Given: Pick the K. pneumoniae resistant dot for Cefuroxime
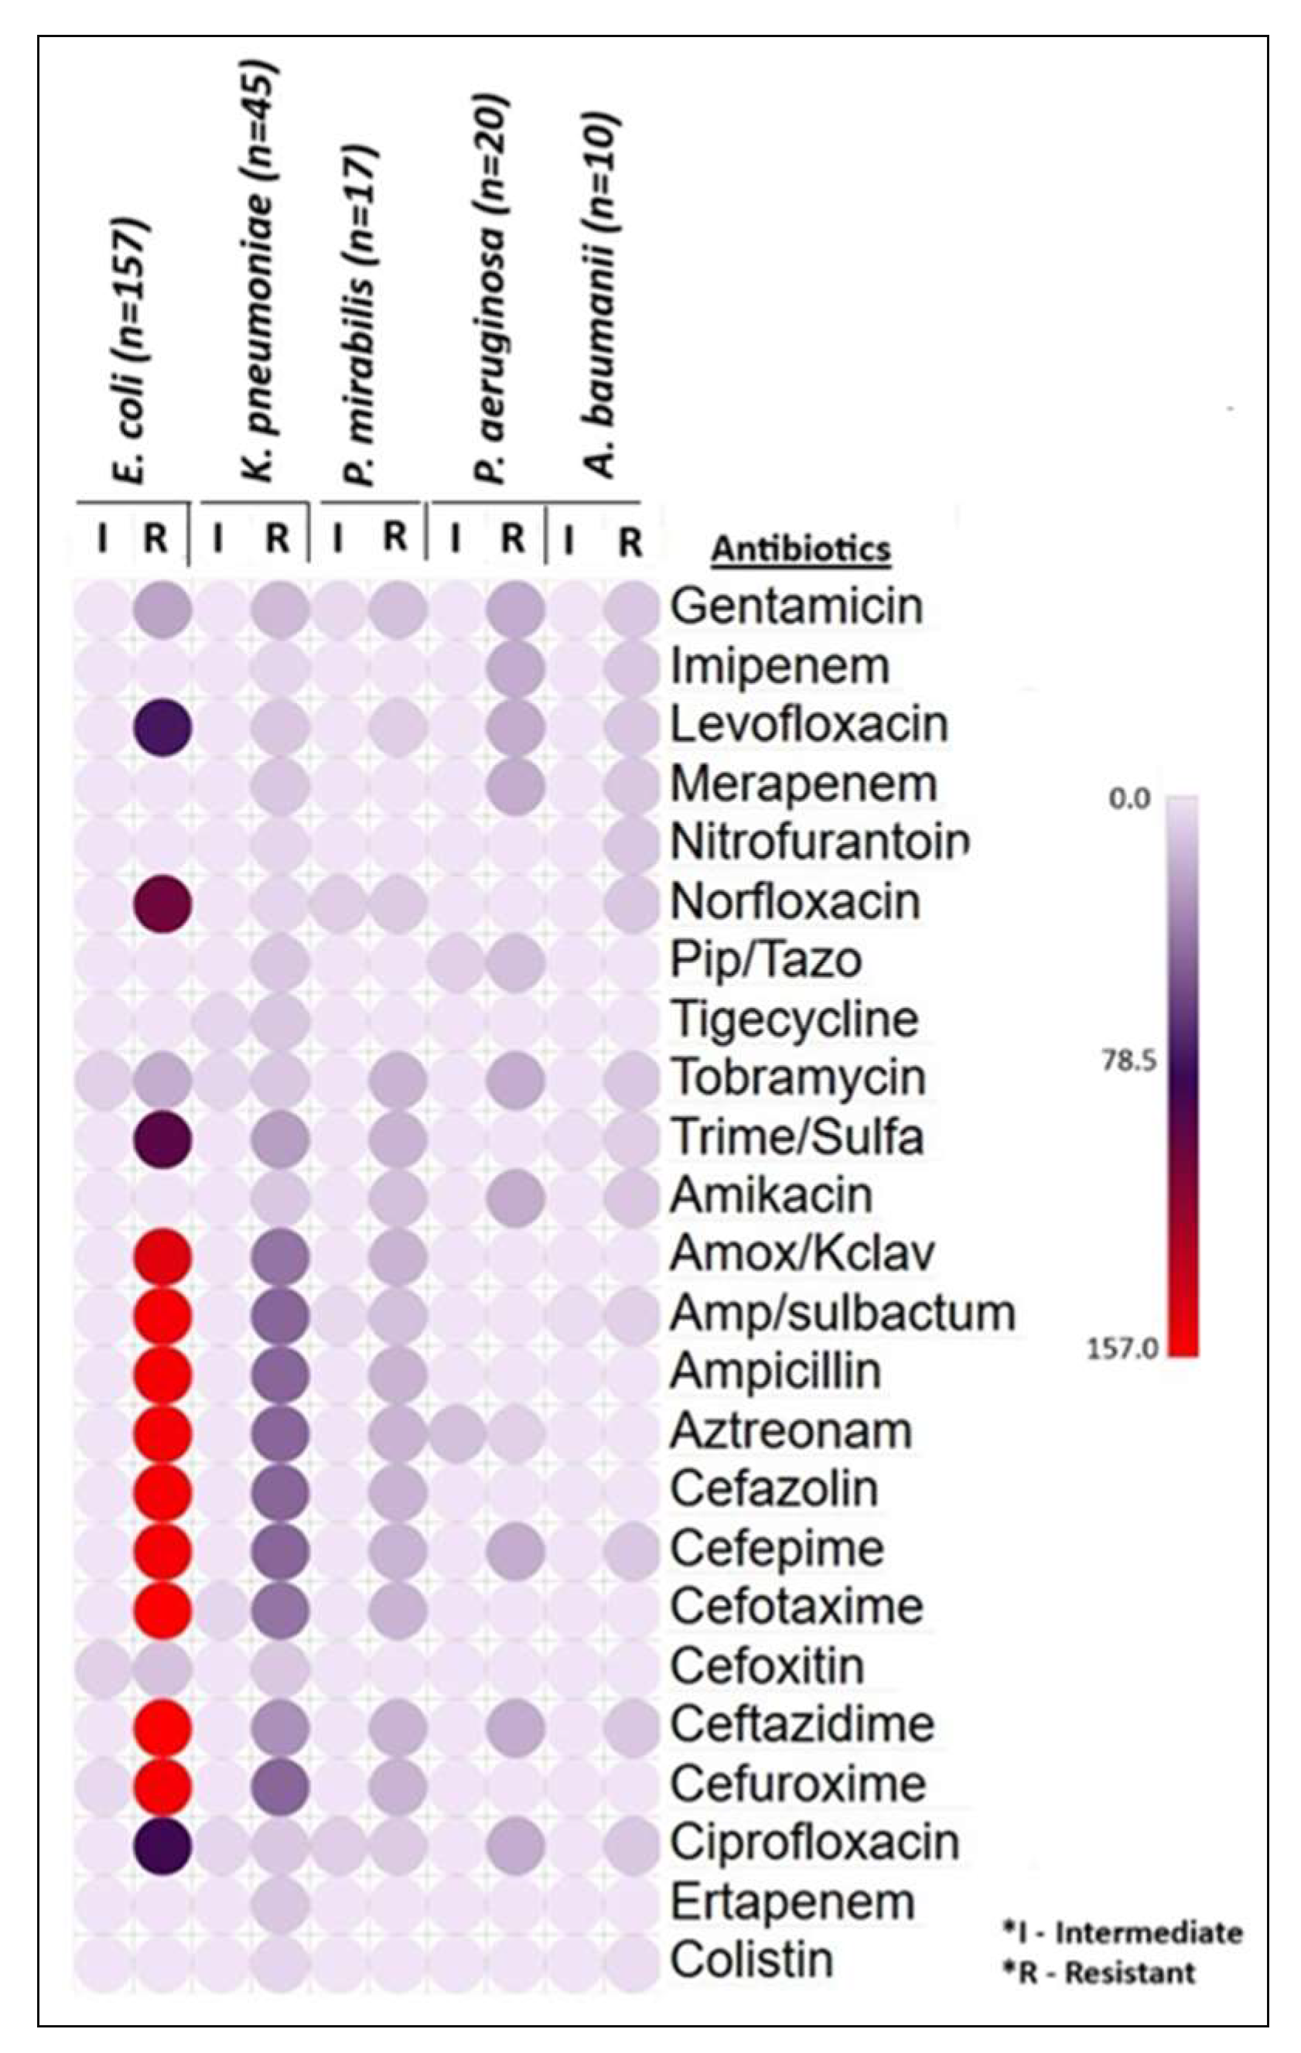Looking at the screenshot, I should (x=281, y=1785).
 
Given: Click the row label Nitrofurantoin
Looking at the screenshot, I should (x=819, y=842).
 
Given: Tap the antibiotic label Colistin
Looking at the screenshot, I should (x=751, y=1960).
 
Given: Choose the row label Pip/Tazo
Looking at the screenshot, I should (x=766, y=960).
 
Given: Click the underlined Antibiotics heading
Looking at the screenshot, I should (x=801, y=550).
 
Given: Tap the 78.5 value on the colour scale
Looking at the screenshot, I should (x=1129, y=1061).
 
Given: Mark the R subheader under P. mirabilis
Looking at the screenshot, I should (x=394, y=537).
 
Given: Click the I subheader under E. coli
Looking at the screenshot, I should (x=103, y=539).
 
